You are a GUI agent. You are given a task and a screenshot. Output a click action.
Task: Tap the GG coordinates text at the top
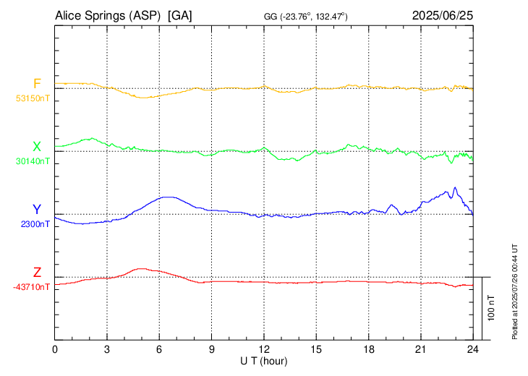pos(305,16)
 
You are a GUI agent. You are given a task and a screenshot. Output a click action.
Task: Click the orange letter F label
pos(37,83)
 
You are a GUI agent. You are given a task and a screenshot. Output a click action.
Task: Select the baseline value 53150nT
pos(33,98)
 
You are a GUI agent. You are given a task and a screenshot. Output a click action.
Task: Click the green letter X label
pos(37,147)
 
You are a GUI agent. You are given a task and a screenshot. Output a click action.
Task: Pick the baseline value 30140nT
pos(33,161)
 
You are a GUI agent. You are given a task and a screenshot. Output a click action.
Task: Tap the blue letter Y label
pos(37,210)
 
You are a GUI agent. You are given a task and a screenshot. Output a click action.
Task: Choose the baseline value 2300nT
pos(35,224)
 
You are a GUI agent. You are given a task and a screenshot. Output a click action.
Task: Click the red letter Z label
pos(37,273)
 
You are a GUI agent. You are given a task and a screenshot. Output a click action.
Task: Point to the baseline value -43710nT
pos(32,287)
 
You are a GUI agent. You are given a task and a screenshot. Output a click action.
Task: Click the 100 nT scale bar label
pos(490,307)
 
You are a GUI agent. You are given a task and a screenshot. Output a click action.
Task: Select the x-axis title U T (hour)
pos(264,360)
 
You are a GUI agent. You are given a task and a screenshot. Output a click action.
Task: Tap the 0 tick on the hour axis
pos(55,349)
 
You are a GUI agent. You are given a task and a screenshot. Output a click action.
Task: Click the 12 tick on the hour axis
pos(264,349)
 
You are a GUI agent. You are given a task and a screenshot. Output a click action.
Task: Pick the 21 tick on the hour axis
pos(421,349)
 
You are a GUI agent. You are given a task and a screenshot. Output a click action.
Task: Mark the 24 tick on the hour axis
pos(473,349)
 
